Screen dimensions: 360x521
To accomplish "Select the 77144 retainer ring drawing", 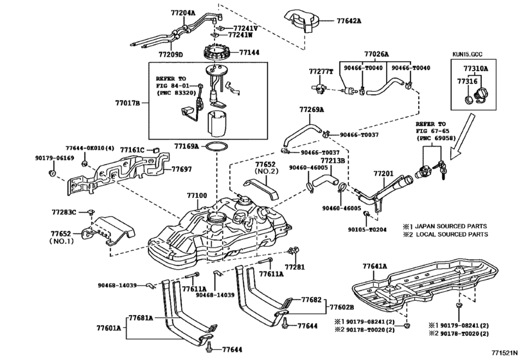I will (218, 50).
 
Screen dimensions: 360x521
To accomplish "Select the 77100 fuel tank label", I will (197, 195).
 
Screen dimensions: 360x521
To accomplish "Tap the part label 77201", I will (384, 174).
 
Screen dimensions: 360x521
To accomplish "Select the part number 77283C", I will (64, 212).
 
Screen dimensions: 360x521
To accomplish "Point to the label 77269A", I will (312, 111).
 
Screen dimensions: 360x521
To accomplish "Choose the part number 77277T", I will (321, 71).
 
